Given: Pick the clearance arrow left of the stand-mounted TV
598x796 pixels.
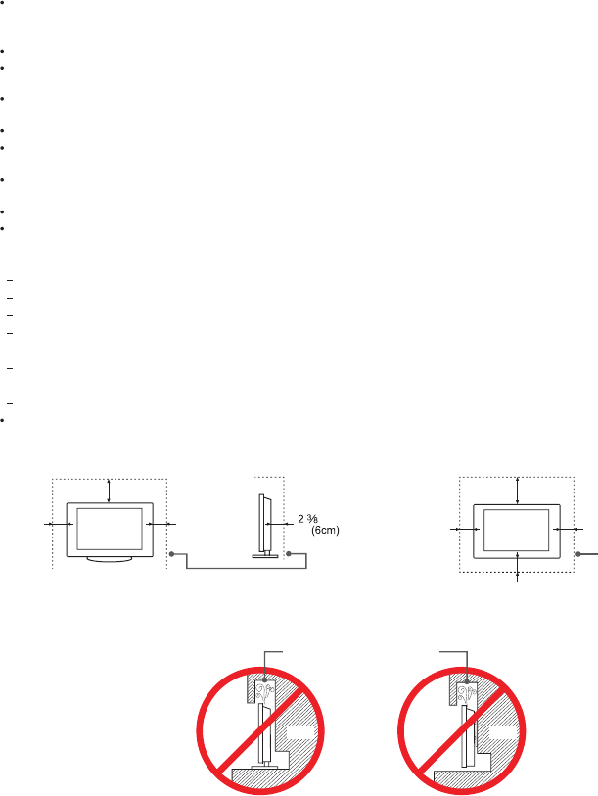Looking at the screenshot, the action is (x=59, y=525).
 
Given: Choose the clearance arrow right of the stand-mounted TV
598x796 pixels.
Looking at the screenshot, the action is (x=160, y=525).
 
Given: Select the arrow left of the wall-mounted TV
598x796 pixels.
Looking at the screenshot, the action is (x=462, y=530).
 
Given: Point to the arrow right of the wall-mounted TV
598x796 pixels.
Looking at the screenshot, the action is (x=568, y=530).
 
